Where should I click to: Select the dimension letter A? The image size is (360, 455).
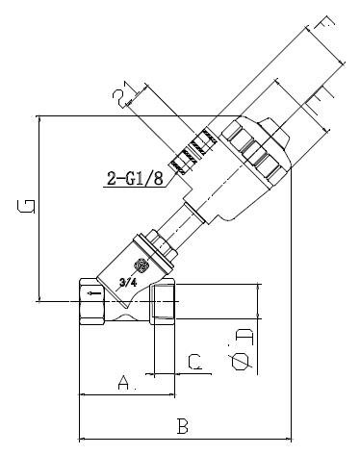coord(123,383)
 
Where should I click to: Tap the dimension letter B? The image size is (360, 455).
coord(182,425)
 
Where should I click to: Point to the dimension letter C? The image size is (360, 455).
coord(193,362)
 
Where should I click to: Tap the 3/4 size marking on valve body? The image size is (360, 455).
coord(125,284)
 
